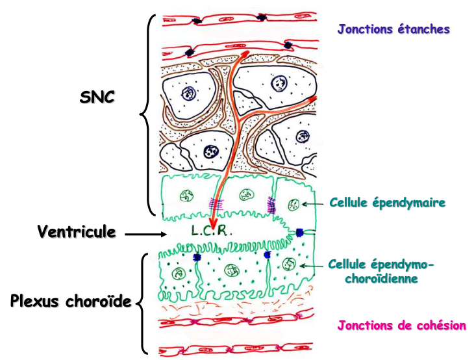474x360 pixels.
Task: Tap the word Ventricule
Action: (77, 231)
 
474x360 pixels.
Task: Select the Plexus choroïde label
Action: (70, 301)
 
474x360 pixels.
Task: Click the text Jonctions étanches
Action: (393, 29)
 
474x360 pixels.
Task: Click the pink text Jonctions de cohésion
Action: (401, 326)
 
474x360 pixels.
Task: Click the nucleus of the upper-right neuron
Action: (279, 83)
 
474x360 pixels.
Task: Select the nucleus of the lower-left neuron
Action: (212, 151)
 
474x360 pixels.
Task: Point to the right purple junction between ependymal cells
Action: (269, 205)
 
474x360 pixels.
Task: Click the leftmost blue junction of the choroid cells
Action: (197, 258)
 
